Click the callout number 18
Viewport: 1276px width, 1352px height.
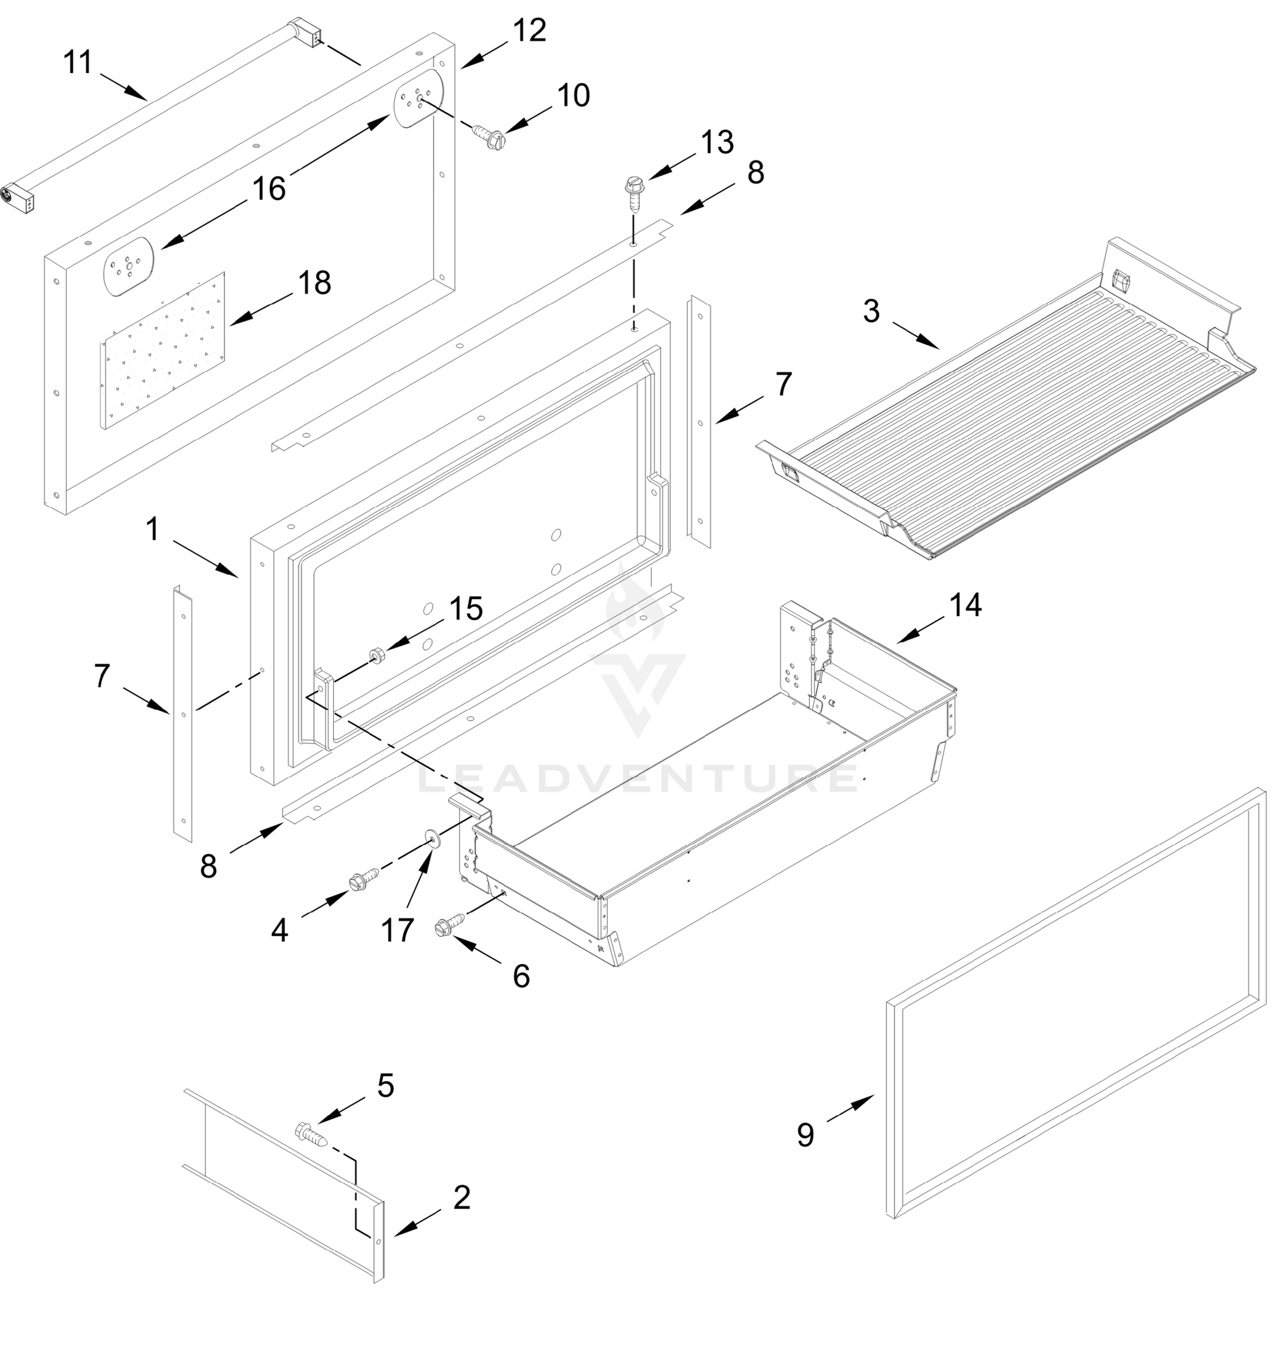click(x=314, y=282)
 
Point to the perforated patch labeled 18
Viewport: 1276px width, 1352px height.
click(x=163, y=351)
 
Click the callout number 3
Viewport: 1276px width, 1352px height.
click(x=871, y=311)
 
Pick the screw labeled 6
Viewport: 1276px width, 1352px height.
click(x=449, y=924)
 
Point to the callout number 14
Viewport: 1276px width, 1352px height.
click(x=965, y=605)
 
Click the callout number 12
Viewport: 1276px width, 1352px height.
click(x=529, y=30)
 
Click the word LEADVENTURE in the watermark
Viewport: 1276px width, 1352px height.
click(x=637, y=779)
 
